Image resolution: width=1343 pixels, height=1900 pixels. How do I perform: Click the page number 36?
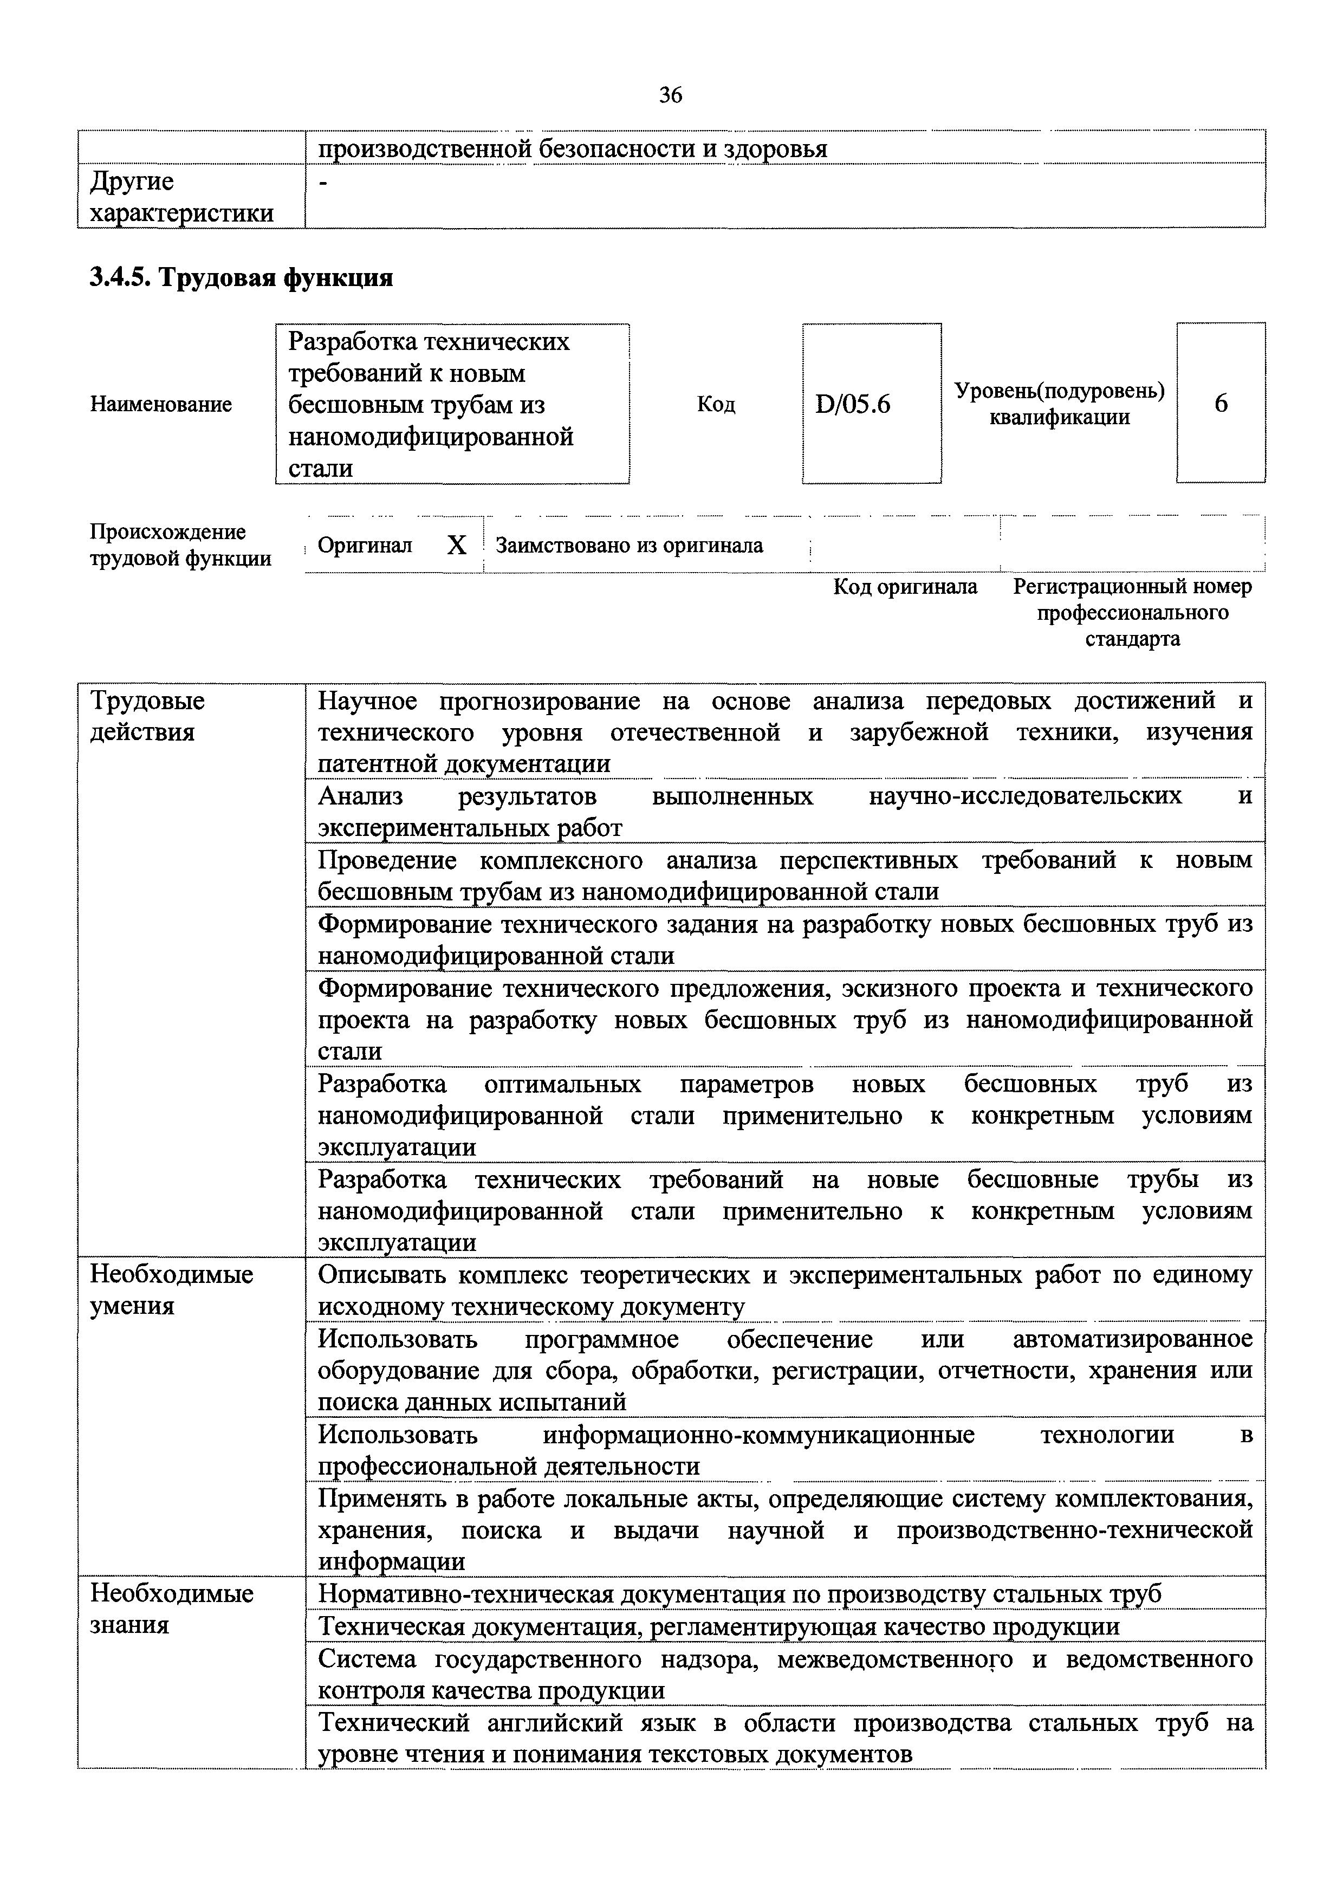670,96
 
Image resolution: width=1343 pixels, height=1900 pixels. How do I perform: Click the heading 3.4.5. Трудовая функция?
241,277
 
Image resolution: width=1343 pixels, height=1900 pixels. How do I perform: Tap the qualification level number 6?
1221,404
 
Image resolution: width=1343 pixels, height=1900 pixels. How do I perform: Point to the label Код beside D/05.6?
716,405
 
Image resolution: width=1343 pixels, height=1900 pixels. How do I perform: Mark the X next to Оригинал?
457,546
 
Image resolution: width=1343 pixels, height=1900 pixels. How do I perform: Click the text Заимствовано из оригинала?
629,546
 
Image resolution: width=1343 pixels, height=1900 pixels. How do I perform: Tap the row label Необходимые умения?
171,1289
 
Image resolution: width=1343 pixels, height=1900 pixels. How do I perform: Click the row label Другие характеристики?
181,197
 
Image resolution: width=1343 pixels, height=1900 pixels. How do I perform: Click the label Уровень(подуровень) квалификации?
1059,404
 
